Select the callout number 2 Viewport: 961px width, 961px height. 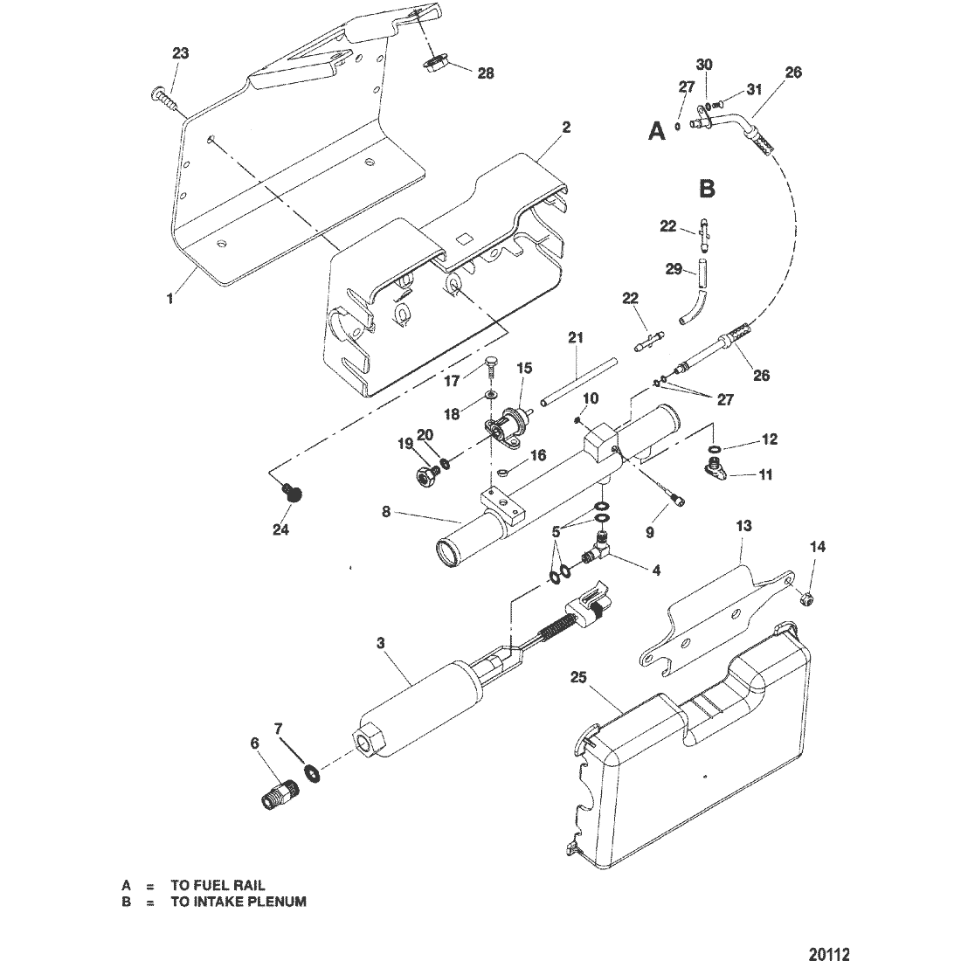[566, 128]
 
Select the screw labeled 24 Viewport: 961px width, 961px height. [294, 494]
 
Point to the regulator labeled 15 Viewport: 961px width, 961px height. [507, 424]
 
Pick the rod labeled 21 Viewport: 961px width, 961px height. [578, 380]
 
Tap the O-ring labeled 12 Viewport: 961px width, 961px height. [716, 451]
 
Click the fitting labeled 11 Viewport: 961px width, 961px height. [716, 473]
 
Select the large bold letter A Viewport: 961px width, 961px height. [657, 131]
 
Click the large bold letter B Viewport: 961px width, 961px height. [708, 188]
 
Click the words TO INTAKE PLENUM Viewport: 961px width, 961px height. [238, 902]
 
